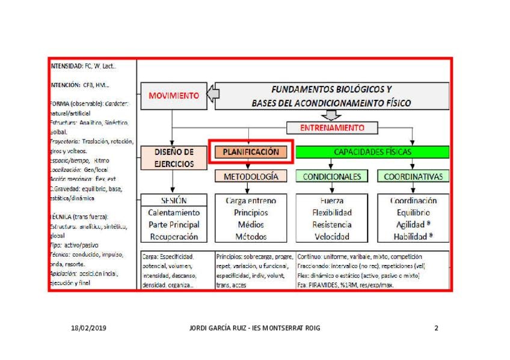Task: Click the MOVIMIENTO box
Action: pyautogui.click(x=173, y=96)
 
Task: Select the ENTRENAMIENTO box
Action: pyautogui.click(x=332, y=128)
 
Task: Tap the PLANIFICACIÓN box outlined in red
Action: pyautogui.click(x=251, y=152)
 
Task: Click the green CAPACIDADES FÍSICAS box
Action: pyautogui.click(x=372, y=152)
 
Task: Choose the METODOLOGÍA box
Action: pyautogui.click(x=251, y=177)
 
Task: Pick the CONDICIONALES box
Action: pyautogui.click(x=332, y=177)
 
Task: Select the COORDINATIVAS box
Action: pyautogui.click(x=413, y=177)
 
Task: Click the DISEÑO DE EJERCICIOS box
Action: pyautogui.click(x=173, y=157)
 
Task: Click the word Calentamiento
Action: pyautogui.click(x=173, y=213)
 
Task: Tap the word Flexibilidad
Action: pyautogui.click(x=332, y=213)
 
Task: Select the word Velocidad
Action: pyautogui.click(x=332, y=237)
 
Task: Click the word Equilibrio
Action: pyautogui.click(x=413, y=213)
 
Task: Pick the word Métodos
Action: pyautogui.click(x=251, y=237)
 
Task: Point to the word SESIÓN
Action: pyautogui.click(x=173, y=201)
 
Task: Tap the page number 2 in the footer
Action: pyautogui.click(x=436, y=328)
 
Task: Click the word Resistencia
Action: pyautogui.click(x=332, y=225)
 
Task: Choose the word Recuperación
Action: pyautogui.click(x=173, y=237)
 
